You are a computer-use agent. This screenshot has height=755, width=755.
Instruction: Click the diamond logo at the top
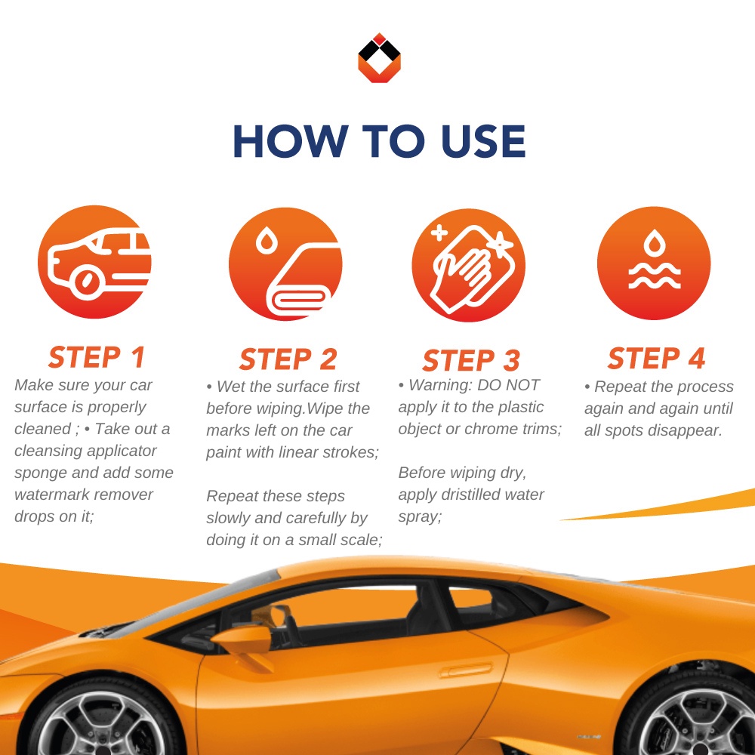(x=379, y=58)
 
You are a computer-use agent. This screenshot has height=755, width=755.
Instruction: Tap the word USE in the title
(x=482, y=141)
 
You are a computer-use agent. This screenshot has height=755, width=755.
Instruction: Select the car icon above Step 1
(x=95, y=262)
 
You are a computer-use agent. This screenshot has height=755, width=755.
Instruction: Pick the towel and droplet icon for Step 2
(x=285, y=263)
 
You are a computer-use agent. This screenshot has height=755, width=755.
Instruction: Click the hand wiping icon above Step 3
(x=469, y=265)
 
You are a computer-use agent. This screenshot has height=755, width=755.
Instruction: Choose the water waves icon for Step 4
(x=654, y=263)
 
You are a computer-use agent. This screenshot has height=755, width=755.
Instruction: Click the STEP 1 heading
(x=97, y=357)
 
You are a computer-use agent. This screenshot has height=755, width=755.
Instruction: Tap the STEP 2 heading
(x=288, y=359)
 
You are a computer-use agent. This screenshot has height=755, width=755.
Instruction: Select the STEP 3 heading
(x=471, y=360)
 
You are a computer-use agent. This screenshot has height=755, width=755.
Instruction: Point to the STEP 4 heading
(x=657, y=358)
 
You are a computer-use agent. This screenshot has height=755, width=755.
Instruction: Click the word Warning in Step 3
(x=439, y=385)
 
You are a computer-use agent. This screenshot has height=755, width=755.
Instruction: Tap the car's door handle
(x=466, y=670)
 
